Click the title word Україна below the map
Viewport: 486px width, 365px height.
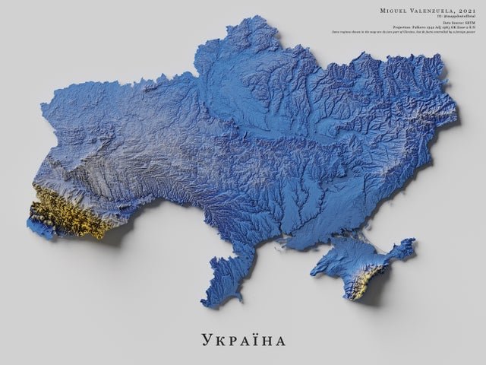(x=243, y=337)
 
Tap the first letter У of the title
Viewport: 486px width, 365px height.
(x=208, y=338)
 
